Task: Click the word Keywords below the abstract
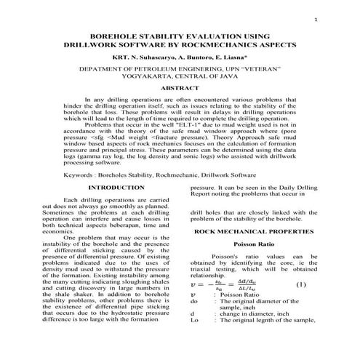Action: coord(79,175)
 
